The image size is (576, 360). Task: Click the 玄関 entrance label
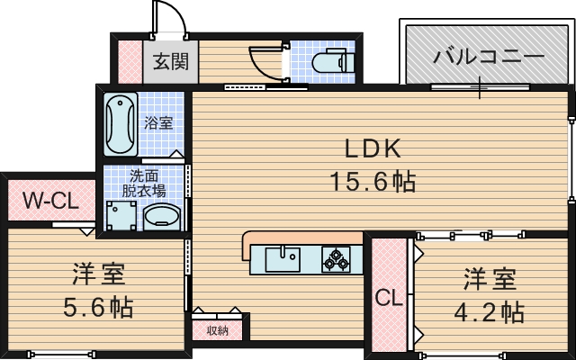pyautogui.click(x=168, y=62)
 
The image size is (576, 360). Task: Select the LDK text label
pyautogui.click(x=368, y=148)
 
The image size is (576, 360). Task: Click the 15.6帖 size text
pyautogui.click(x=370, y=181)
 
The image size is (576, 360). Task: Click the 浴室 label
pyautogui.click(x=159, y=123)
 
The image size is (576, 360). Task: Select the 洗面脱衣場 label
pyautogui.click(x=145, y=183)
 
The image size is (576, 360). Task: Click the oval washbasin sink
pyautogui.click(x=163, y=217)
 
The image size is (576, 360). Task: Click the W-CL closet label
pyautogui.click(x=50, y=200)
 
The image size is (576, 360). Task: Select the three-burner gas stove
pyautogui.click(x=337, y=259)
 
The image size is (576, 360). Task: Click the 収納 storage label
pyautogui.click(x=217, y=330)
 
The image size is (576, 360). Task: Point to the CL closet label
pyautogui.click(x=389, y=296)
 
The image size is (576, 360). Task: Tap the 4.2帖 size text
pyautogui.click(x=489, y=312)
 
